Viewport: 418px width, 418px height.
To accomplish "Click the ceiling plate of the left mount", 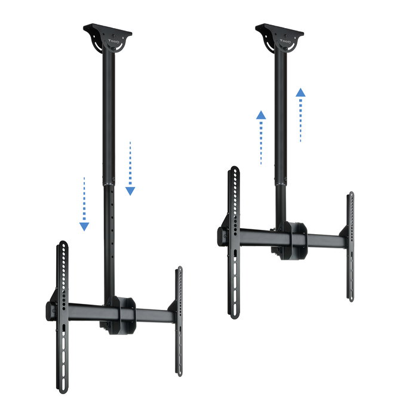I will point(107,29).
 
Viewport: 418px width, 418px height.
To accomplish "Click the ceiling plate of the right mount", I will point(279,29).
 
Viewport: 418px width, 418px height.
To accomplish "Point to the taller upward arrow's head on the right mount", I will point(300,93).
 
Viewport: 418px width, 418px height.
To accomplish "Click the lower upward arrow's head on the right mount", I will point(261,115).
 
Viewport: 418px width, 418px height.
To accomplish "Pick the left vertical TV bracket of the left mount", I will point(62,316).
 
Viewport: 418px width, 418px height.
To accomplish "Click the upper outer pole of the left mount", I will point(109,107).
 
